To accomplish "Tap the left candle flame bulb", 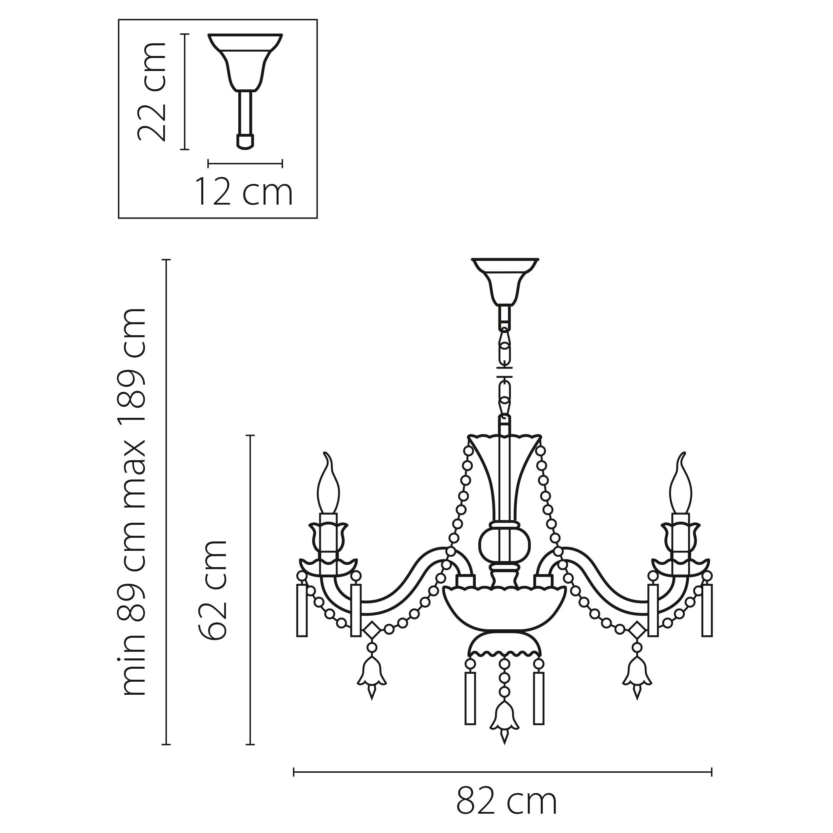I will coord(328,485).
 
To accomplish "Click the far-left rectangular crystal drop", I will coord(302,610).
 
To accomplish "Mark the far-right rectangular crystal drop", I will coord(707,610).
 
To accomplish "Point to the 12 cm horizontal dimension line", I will coord(245,163).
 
